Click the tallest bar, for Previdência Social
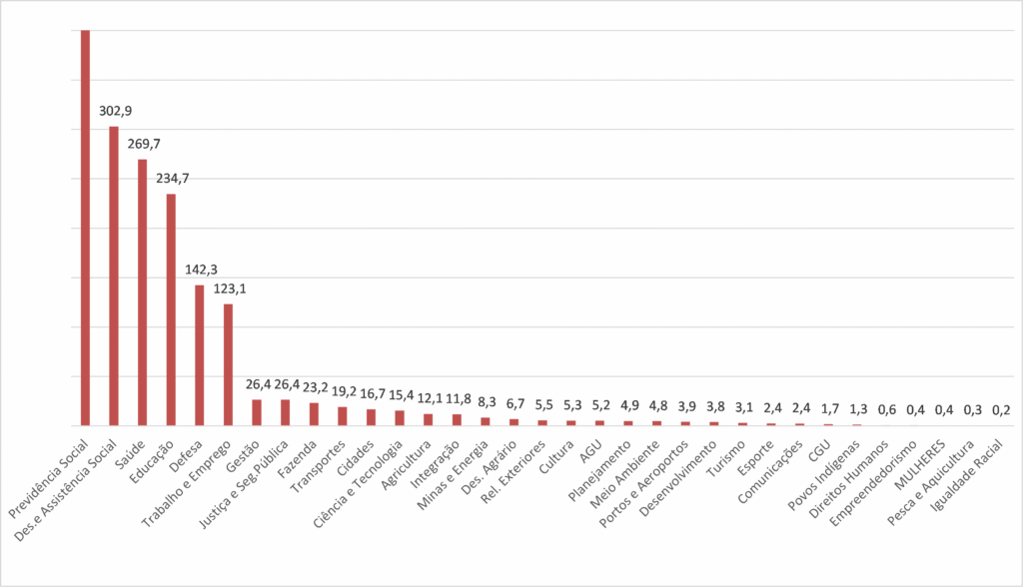coord(85,228)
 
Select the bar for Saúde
coord(142,293)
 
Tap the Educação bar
coord(171,309)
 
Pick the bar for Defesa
coord(200,355)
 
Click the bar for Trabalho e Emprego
coord(229,364)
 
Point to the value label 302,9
coord(116,111)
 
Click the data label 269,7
coord(144,144)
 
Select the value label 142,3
coord(201,270)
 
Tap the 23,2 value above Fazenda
coord(315,387)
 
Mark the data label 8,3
coord(487,402)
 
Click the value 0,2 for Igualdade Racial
coord(1001,410)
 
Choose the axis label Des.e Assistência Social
coord(65,490)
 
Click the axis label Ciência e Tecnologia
coord(359,484)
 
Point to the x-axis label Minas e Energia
coord(453,475)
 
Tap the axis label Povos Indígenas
coord(824,475)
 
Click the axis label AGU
coord(591,451)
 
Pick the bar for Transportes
coord(343,416)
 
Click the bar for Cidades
coord(372,417)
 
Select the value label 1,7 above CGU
coord(830,409)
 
